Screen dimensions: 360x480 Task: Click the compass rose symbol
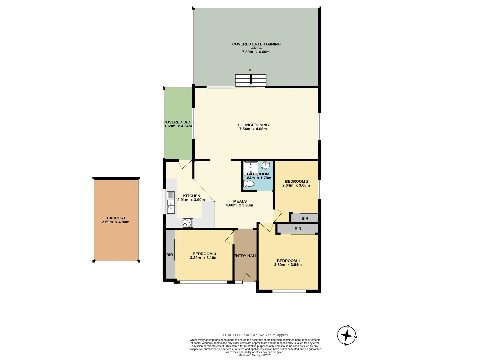(x=347, y=335)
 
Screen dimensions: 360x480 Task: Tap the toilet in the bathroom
(x=249, y=184)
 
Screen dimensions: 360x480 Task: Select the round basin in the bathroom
(x=265, y=165)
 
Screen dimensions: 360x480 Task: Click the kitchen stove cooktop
(x=188, y=223)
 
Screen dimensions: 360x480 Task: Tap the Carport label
(x=116, y=218)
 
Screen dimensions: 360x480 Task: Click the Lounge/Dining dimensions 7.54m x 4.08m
(x=253, y=129)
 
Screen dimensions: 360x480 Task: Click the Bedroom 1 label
(x=288, y=261)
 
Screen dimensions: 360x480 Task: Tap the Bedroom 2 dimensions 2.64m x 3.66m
(x=296, y=185)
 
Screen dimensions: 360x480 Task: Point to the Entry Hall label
(x=245, y=256)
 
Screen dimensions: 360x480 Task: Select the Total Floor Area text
(x=255, y=335)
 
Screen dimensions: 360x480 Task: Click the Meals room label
(x=240, y=201)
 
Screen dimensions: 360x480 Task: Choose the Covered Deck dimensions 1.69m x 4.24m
(x=178, y=126)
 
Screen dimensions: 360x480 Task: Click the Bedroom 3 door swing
(x=229, y=237)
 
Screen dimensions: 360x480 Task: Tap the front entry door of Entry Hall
(x=248, y=278)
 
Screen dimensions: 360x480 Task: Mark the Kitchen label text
(x=192, y=196)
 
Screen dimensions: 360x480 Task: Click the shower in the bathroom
(x=251, y=168)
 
